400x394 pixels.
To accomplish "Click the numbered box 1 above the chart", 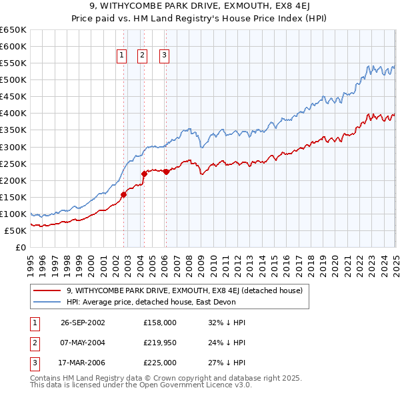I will click(123, 56).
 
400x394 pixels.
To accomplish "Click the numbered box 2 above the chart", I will click(143, 56).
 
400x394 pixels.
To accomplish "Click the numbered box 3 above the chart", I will click(164, 56).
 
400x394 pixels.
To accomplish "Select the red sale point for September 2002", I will click(123, 194).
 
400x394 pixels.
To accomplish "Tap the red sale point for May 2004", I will click(143, 174).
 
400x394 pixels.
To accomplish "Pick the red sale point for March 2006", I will click(166, 172).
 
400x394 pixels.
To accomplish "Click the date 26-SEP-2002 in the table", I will click(83, 323).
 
